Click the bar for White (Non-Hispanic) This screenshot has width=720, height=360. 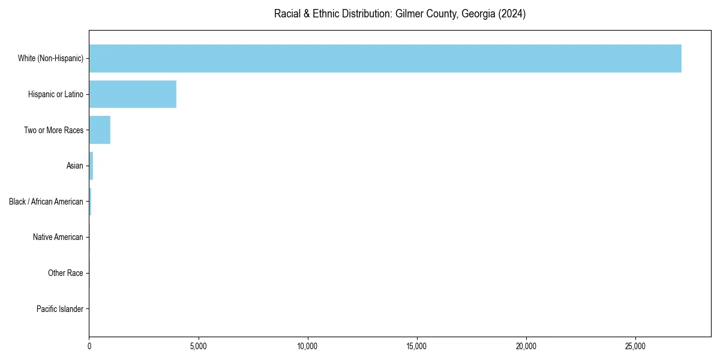click(x=384, y=58)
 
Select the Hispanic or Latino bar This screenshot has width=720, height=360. click(x=133, y=94)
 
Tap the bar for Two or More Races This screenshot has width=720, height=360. click(x=100, y=130)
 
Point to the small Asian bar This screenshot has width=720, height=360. click(x=91, y=166)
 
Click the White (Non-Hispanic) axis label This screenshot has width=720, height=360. click(x=50, y=58)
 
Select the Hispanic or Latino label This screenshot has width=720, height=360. click(x=55, y=94)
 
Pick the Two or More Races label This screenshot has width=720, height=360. click(x=53, y=130)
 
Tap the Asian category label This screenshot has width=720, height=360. click(x=75, y=166)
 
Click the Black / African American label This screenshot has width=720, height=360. click(x=46, y=202)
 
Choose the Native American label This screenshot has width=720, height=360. click(x=58, y=238)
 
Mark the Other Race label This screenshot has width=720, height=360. click(x=65, y=274)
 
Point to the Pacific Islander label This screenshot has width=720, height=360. click(x=59, y=309)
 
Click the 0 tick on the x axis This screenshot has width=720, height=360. click(x=89, y=346)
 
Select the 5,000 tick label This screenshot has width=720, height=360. click(x=199, y=346)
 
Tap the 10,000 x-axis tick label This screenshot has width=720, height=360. click(x=308, y=346)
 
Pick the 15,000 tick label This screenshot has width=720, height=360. click(x=417, y=346)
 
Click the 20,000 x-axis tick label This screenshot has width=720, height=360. click(x=526, y=346)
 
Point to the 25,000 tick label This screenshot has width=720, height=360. click(x=635, y=346)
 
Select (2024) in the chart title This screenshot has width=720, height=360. click(x=512, y=14)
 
